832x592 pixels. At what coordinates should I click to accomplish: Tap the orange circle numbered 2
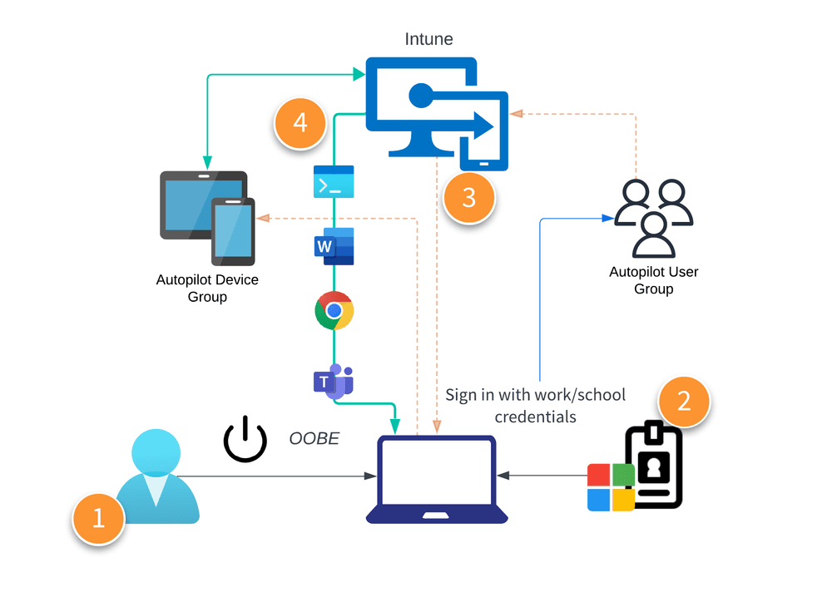pyautogui.click(x=684, y=401)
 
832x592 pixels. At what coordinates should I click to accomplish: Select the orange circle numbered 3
pyautogui.click(x=469, y=197)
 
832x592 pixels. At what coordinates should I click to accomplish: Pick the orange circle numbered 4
pyautogui.click(x=300, y=123)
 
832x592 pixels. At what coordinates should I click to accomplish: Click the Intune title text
pyautogui.click(x=428, y=39)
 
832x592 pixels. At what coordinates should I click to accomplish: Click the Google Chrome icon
pyautogui.click(x=334, y=311)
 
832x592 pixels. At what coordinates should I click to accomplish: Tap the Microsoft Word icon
pyautogui.click(x=333, y=246)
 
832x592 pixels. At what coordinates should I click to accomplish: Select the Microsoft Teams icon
pyautogui.click(x=333, y=381)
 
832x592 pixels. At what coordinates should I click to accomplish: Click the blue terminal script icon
pyautogui.click(x=333, y=181)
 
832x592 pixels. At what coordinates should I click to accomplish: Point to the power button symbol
pyautogui.click(x=245, y=439)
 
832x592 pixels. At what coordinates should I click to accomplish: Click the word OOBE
pyautogui.click(x=314, y=438)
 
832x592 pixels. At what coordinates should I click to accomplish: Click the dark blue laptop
pyautogui.click(x=437, y=479)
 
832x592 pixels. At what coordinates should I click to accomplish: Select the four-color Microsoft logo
pyautogui.click(x=611, y=487)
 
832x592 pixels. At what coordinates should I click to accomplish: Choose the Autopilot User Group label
pyautogui.click(x=653, y=280)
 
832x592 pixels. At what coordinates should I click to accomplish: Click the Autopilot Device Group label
pyautogui.click(x=207, y=288)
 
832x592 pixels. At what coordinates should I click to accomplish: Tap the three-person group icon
pyautogui.click(x=653, y=218)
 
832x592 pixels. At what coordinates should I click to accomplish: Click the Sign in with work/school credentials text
pyautogui.click(x=535, y=405)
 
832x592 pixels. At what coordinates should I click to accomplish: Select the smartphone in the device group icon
pyautogui.click(x=233, y=230)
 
